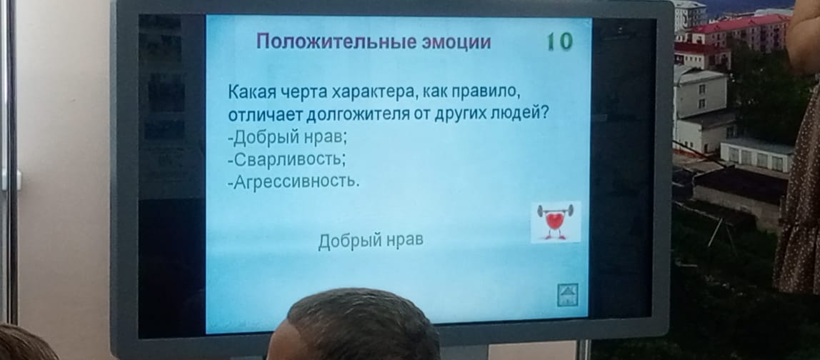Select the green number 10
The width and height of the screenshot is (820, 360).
pyautogui.click(x=559, y=42)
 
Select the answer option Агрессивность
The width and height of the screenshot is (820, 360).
pyautogui.click(x=294, y=181)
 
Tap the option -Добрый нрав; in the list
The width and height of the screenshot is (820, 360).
pyautogui.click(x=288, y=137)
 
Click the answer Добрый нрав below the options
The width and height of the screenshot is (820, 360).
pyautogui.click(x=371, y=241)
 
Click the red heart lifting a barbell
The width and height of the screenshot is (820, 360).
pyautogui.click(x=556, y=222)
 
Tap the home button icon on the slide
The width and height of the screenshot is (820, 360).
pyautogui.click(x=568, y=294)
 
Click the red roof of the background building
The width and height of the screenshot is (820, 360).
pyautogui.click(x=740, y=24)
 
